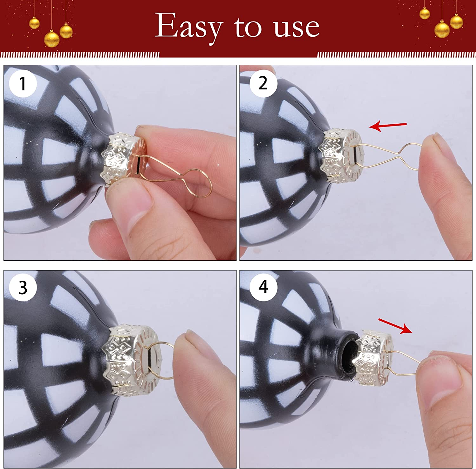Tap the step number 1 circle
[x=23, y=83]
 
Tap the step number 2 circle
[x=263, y=83]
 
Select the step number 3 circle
[x=23, y=288]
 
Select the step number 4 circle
[x=263, y=287]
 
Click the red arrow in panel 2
[x=387, y=126]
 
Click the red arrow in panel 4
[x=395, y=326]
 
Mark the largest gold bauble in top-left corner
[x=51, y=39]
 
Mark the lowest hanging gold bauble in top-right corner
[x=442, y=29]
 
